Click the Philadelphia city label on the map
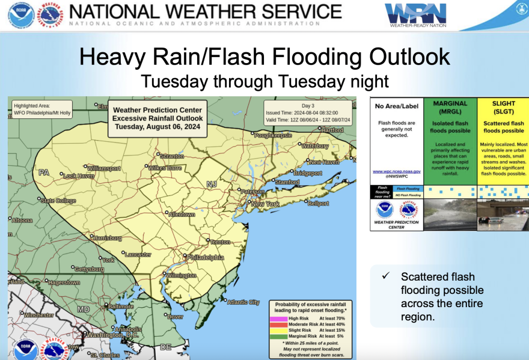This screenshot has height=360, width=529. pos(206,257)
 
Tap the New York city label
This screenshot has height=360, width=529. pos(265,204)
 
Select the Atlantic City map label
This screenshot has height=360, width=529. pos(244,302)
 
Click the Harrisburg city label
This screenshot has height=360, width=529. pos(108,238)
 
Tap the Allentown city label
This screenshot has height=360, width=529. pos(182,215)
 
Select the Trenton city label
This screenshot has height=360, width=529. pos(220,242)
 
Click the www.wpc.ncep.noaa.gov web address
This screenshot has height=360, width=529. pos(396,171)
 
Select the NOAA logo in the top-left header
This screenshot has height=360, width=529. pos(20,15)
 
